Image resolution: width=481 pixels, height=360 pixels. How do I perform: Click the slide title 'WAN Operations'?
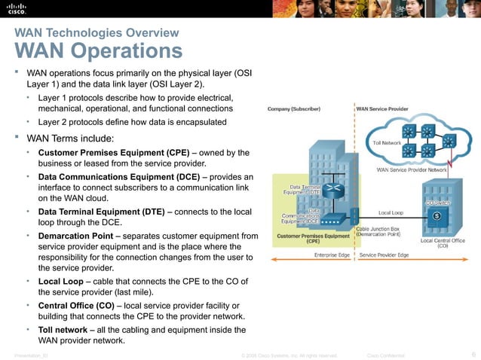pyautogui.click(x=98, y=51)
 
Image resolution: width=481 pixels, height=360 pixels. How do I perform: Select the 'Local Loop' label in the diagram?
pyautogui.click(x=391, y=212)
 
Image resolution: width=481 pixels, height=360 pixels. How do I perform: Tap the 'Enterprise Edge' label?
pyautogui.click(x=332, y=255)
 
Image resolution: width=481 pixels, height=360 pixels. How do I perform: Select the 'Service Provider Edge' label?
pyautogui.click(x=384, y=255)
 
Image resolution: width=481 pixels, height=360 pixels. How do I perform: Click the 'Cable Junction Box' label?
pyautogui.click(x=381, y=227)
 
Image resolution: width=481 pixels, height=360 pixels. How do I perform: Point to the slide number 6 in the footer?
pyautogui.click(x=472, y=354)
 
